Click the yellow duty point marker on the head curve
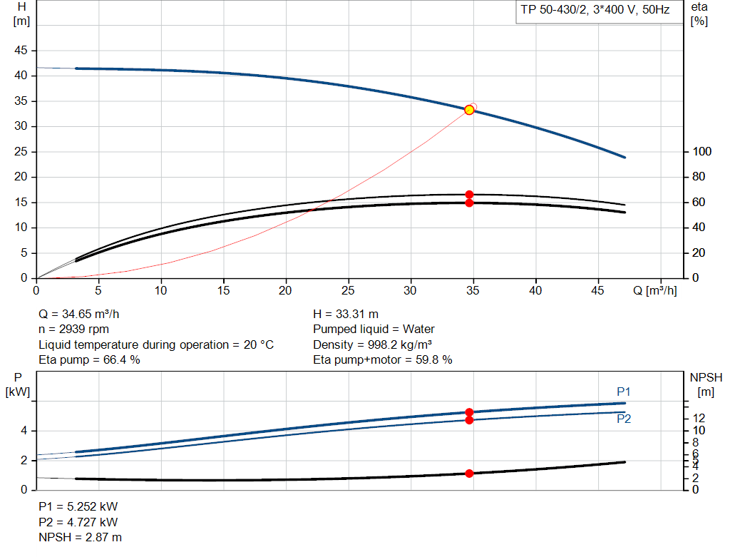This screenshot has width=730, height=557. click(469, 110)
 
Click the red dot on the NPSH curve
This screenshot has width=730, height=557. click(469, 474)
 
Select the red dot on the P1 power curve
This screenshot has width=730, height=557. click(469, 412)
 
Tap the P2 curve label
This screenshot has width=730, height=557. click(623, 419)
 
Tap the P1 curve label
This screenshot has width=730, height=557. click(623, 392)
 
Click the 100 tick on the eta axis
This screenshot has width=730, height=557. click(702, 152)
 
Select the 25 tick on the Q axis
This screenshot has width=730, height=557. click(349, 291)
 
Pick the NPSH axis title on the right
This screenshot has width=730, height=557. click(705, 384)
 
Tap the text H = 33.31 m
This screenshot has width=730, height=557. click(346, 314)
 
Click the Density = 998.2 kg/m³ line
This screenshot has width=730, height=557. click(371, 344)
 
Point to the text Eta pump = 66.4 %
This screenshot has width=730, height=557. click(89, 360)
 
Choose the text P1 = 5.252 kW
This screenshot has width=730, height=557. click(78, 506)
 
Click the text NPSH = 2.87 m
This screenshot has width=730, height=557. click(80, 537)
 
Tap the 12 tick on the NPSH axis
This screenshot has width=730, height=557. click(699, 418)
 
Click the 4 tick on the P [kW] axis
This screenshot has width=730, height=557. click(24, 431)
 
